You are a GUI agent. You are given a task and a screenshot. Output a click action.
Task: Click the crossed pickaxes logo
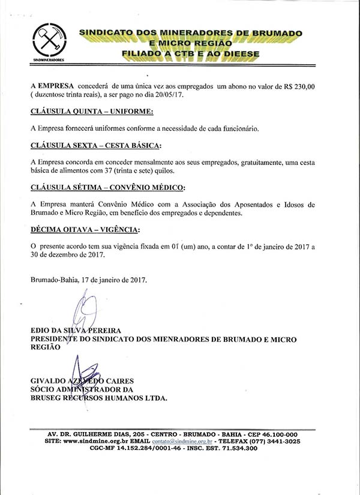[48, 40]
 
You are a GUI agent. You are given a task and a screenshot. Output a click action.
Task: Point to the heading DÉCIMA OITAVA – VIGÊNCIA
[86, 229]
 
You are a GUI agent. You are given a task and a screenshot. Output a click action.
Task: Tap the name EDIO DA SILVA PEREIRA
[75, 331]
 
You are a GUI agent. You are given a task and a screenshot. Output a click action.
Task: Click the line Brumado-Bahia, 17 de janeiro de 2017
[88, 279]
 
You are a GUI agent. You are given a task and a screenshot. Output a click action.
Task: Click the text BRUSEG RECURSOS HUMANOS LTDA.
[99, 397]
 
